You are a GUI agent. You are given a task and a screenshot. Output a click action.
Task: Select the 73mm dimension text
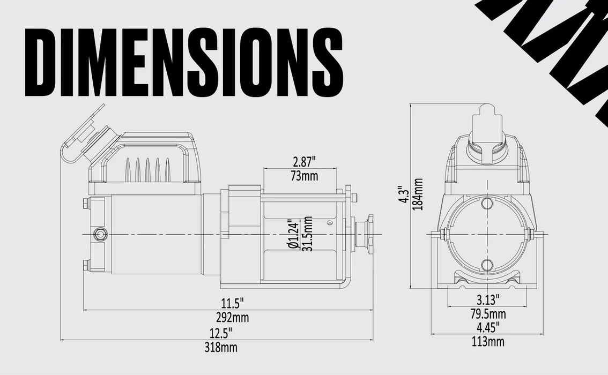pos(303,176)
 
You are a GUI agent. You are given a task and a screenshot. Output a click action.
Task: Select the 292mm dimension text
pos(232,318)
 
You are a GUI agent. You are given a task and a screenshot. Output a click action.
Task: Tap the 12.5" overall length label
pos(220,333)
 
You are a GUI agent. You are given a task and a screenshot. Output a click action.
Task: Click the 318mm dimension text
pos(220,348)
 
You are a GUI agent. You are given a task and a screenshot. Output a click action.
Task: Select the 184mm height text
pos(418,193)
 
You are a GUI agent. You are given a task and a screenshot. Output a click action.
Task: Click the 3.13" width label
pos(488,298)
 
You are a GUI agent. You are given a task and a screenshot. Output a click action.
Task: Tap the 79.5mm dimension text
pos(488,313)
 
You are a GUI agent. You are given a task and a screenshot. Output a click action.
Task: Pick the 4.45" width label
pos(488,326)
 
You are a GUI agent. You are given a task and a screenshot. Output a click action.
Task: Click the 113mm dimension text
pos(488,341)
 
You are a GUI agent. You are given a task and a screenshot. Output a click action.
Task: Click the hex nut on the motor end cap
pos(99,234)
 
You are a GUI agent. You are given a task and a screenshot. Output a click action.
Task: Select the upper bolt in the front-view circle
pos(487,203)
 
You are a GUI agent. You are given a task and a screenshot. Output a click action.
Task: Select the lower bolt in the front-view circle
pos(487,265)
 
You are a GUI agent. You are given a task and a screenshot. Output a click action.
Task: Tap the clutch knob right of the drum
pos(366,235)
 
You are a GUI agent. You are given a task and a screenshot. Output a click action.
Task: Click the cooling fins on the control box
pos(147,170)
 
